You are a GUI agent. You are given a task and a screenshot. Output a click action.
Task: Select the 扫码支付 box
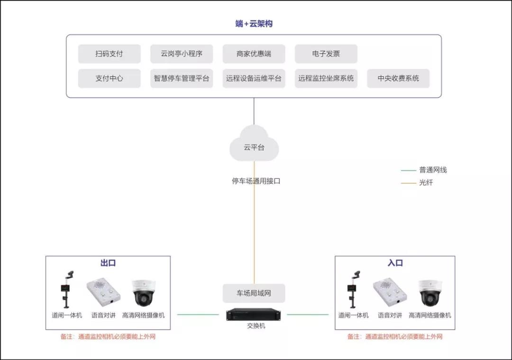click(x=109, y=54)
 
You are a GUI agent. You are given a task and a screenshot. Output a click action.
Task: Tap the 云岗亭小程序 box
click(x=182, y=54)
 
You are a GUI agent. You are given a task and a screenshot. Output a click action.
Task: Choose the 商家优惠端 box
click(x=254, y=54)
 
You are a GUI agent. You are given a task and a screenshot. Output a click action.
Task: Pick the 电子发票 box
click(x=326, y=54)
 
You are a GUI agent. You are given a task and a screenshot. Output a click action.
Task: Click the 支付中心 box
click(x=109, y=78)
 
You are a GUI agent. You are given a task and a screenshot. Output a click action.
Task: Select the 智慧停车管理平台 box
click(x=182, y=78)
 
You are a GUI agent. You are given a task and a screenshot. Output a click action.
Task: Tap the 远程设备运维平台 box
click(x=254, y=78)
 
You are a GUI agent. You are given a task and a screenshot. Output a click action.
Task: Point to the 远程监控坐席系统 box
click(x=326, y=78)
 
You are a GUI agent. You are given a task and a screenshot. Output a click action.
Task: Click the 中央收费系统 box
click(x=398, y=78)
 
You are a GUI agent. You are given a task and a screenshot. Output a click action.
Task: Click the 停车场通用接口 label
click(x=256, y=181)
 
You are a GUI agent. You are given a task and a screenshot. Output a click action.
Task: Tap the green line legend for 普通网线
click(x=408, y=170)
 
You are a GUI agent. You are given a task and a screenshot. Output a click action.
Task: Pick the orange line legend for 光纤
click(x=408, y=183)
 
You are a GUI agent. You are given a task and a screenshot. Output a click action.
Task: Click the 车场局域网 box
click(x=254, y=293)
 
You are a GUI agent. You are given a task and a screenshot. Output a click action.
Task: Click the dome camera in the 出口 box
click(x=143, y=293)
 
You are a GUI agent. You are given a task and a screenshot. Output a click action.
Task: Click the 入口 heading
click(x=395, y=263)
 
